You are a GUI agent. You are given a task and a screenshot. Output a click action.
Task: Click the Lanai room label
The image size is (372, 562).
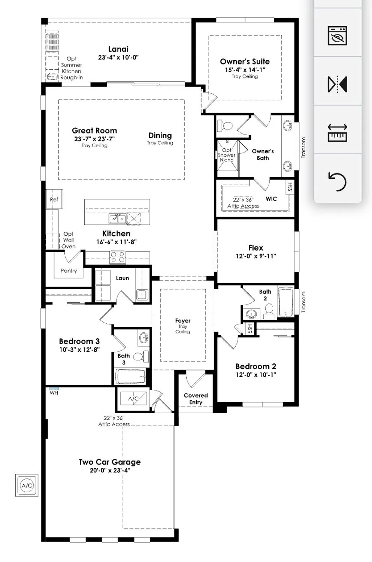click(x=118, y=49)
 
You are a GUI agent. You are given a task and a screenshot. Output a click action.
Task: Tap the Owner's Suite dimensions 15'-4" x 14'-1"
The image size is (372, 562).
click(x=245, y=70)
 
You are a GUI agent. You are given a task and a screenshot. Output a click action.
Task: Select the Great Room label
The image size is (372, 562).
click(x=94, y=131)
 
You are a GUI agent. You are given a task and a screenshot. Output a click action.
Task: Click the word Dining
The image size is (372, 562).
click(x=160, y=136)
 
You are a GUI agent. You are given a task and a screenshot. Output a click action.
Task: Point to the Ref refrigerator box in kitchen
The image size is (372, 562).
click(x=54, y=199)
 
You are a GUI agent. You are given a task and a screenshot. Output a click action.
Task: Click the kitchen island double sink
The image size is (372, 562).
click(x=117, y=218)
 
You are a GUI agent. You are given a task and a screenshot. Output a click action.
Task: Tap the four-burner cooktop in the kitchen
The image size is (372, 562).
click(x=117, y=257)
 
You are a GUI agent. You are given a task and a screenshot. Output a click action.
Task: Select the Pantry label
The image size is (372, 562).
click(x=69, y=271)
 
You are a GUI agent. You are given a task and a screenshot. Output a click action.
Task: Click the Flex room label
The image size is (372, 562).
click(x=255, y=248)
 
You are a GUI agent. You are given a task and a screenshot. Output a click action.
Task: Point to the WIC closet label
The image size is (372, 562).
click(x=271, y=199)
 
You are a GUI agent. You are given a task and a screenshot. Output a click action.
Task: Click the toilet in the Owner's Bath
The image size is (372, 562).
click(x=226, y=126)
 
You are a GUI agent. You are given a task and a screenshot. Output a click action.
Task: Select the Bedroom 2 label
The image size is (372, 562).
click(x=255, y=366)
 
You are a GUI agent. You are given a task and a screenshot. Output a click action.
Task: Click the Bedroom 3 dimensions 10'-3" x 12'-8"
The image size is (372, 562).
click(x=79, y=350)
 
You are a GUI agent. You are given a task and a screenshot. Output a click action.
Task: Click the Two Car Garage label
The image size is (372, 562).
click(x=109, y=462)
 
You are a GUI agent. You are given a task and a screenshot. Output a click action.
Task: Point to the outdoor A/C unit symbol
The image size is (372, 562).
click(x=27, y=486)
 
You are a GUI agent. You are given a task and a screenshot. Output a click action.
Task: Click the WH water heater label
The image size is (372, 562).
click(x=54, y=393)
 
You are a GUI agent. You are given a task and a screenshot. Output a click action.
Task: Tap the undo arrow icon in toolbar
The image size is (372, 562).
click(x=337, y=181)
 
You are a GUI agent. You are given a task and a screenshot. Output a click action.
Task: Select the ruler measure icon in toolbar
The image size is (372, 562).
click(x=337, y=133)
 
